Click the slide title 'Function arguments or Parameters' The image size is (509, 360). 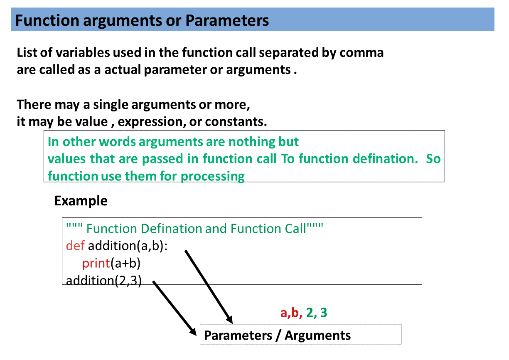click(142, 20)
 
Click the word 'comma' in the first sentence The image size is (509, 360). click(361, 53)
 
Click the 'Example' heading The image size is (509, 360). click(81, 201)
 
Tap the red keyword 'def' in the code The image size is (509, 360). click(75, 246)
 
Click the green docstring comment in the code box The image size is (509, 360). click(194, 229)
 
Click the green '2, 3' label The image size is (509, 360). click(317, 313)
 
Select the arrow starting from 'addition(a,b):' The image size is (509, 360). click(208, 286)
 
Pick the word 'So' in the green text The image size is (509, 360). click(433, 159)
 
